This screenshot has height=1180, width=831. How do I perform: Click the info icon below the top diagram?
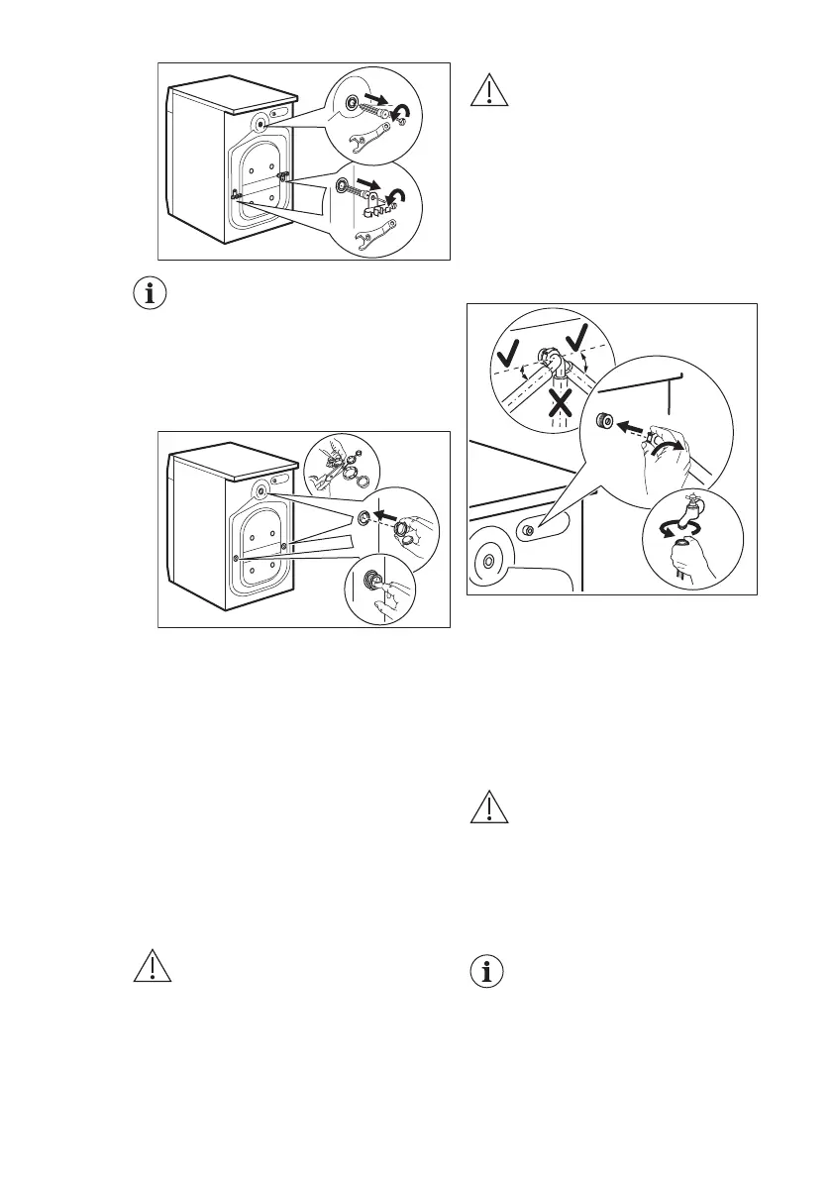153,294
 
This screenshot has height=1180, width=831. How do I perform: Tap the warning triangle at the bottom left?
153,968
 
